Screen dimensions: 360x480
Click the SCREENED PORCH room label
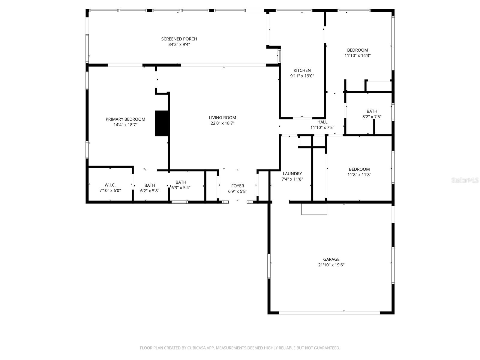[x=179, y=39]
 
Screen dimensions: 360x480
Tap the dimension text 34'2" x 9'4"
[x=179, y=45]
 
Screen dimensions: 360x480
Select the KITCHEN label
[x=302, y=70]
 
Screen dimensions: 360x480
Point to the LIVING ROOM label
[x=222, y=118]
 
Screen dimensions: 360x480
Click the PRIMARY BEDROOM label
[x=125, y=119]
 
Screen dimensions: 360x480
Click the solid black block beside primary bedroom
[x=162, y=123]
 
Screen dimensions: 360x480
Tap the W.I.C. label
[x=110, y=185]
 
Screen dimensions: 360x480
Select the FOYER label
[x=238, y=186]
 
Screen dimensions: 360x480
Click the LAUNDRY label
[x=292, y=174]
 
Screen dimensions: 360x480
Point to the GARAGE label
[x=331, y=259]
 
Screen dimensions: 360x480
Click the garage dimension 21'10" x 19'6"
[x=331, y=265]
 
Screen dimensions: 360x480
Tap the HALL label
[x=322, y=122]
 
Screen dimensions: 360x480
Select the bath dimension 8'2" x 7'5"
[x=372, y=117]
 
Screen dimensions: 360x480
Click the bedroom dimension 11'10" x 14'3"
[x=358, y=55]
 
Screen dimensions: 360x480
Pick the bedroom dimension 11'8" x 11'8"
[x=359, y=175]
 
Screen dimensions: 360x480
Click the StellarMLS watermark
[x=465, y=180]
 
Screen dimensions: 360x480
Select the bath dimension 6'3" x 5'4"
[x=181, y=188]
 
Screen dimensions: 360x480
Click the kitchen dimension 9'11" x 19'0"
[x=302, y=76]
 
